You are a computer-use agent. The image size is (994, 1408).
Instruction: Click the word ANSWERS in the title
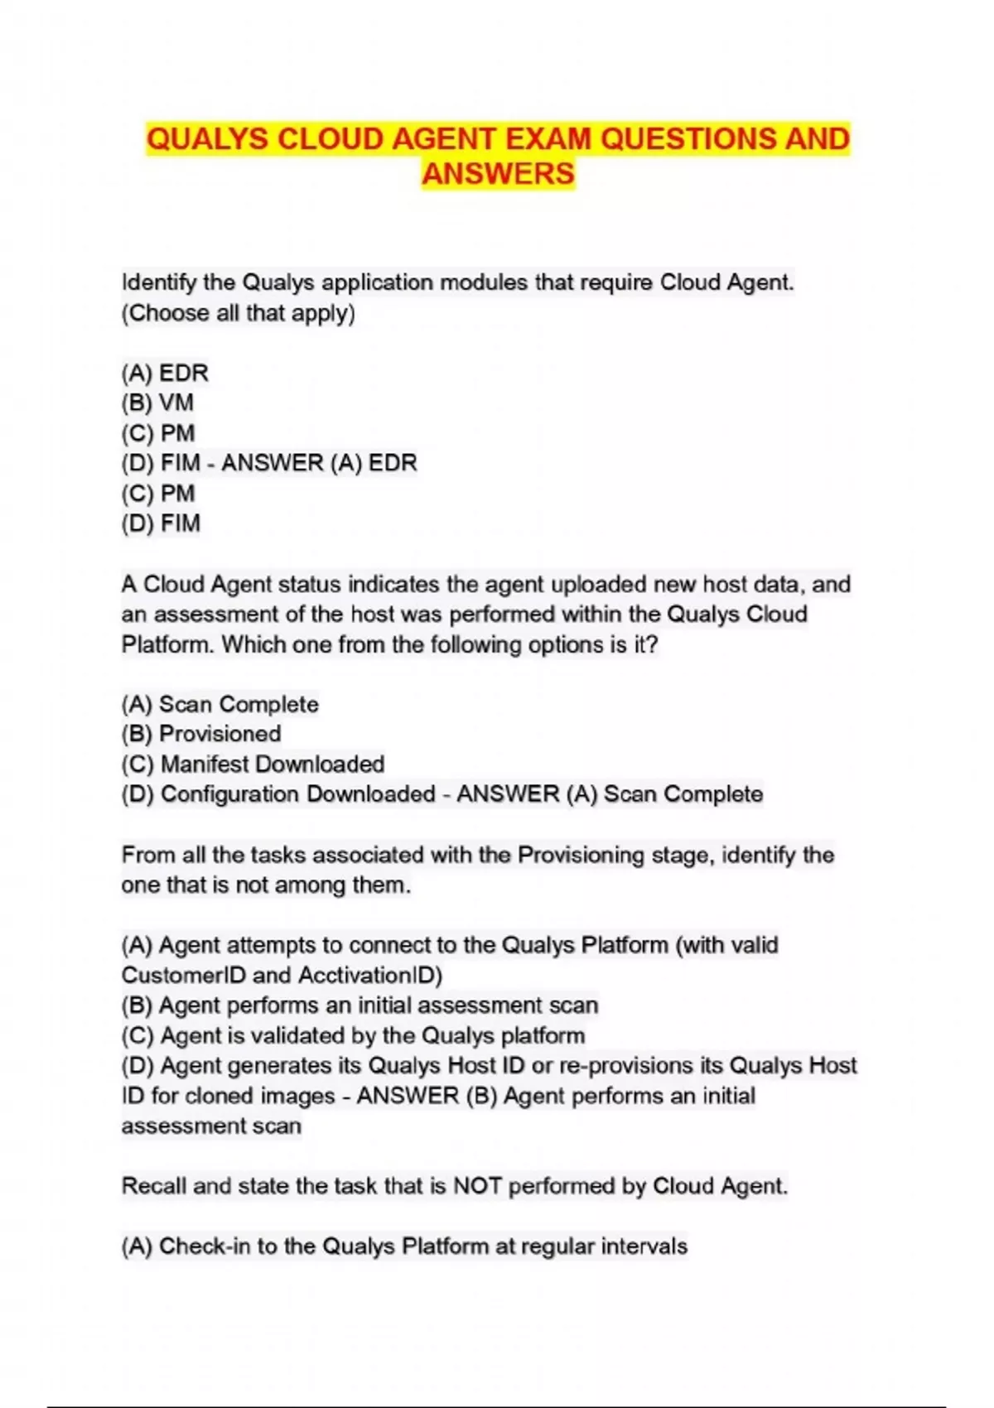point(498,174)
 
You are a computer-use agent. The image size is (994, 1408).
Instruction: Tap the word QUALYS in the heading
point(207,139)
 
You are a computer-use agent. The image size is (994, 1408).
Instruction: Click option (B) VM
point(157,403)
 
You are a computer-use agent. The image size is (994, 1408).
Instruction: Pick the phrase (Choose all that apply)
point(239,313)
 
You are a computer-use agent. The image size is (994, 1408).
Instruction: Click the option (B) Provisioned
point(201,734)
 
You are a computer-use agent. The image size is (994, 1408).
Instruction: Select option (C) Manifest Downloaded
point(253,764)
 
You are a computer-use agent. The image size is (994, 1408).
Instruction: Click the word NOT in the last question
point(477,1186)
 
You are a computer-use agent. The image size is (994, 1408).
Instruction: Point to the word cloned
point(220,1096)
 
